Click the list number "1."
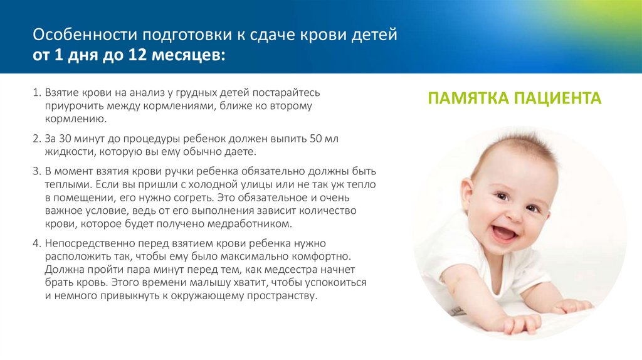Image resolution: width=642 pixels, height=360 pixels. [36, 92]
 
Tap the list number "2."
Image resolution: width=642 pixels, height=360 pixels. [36, 138]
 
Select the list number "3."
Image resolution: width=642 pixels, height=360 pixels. [36, 171]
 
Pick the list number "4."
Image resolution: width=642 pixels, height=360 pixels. [36, 243]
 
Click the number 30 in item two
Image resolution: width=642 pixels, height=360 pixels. [66, 138]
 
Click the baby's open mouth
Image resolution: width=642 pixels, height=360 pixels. [503, 233]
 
